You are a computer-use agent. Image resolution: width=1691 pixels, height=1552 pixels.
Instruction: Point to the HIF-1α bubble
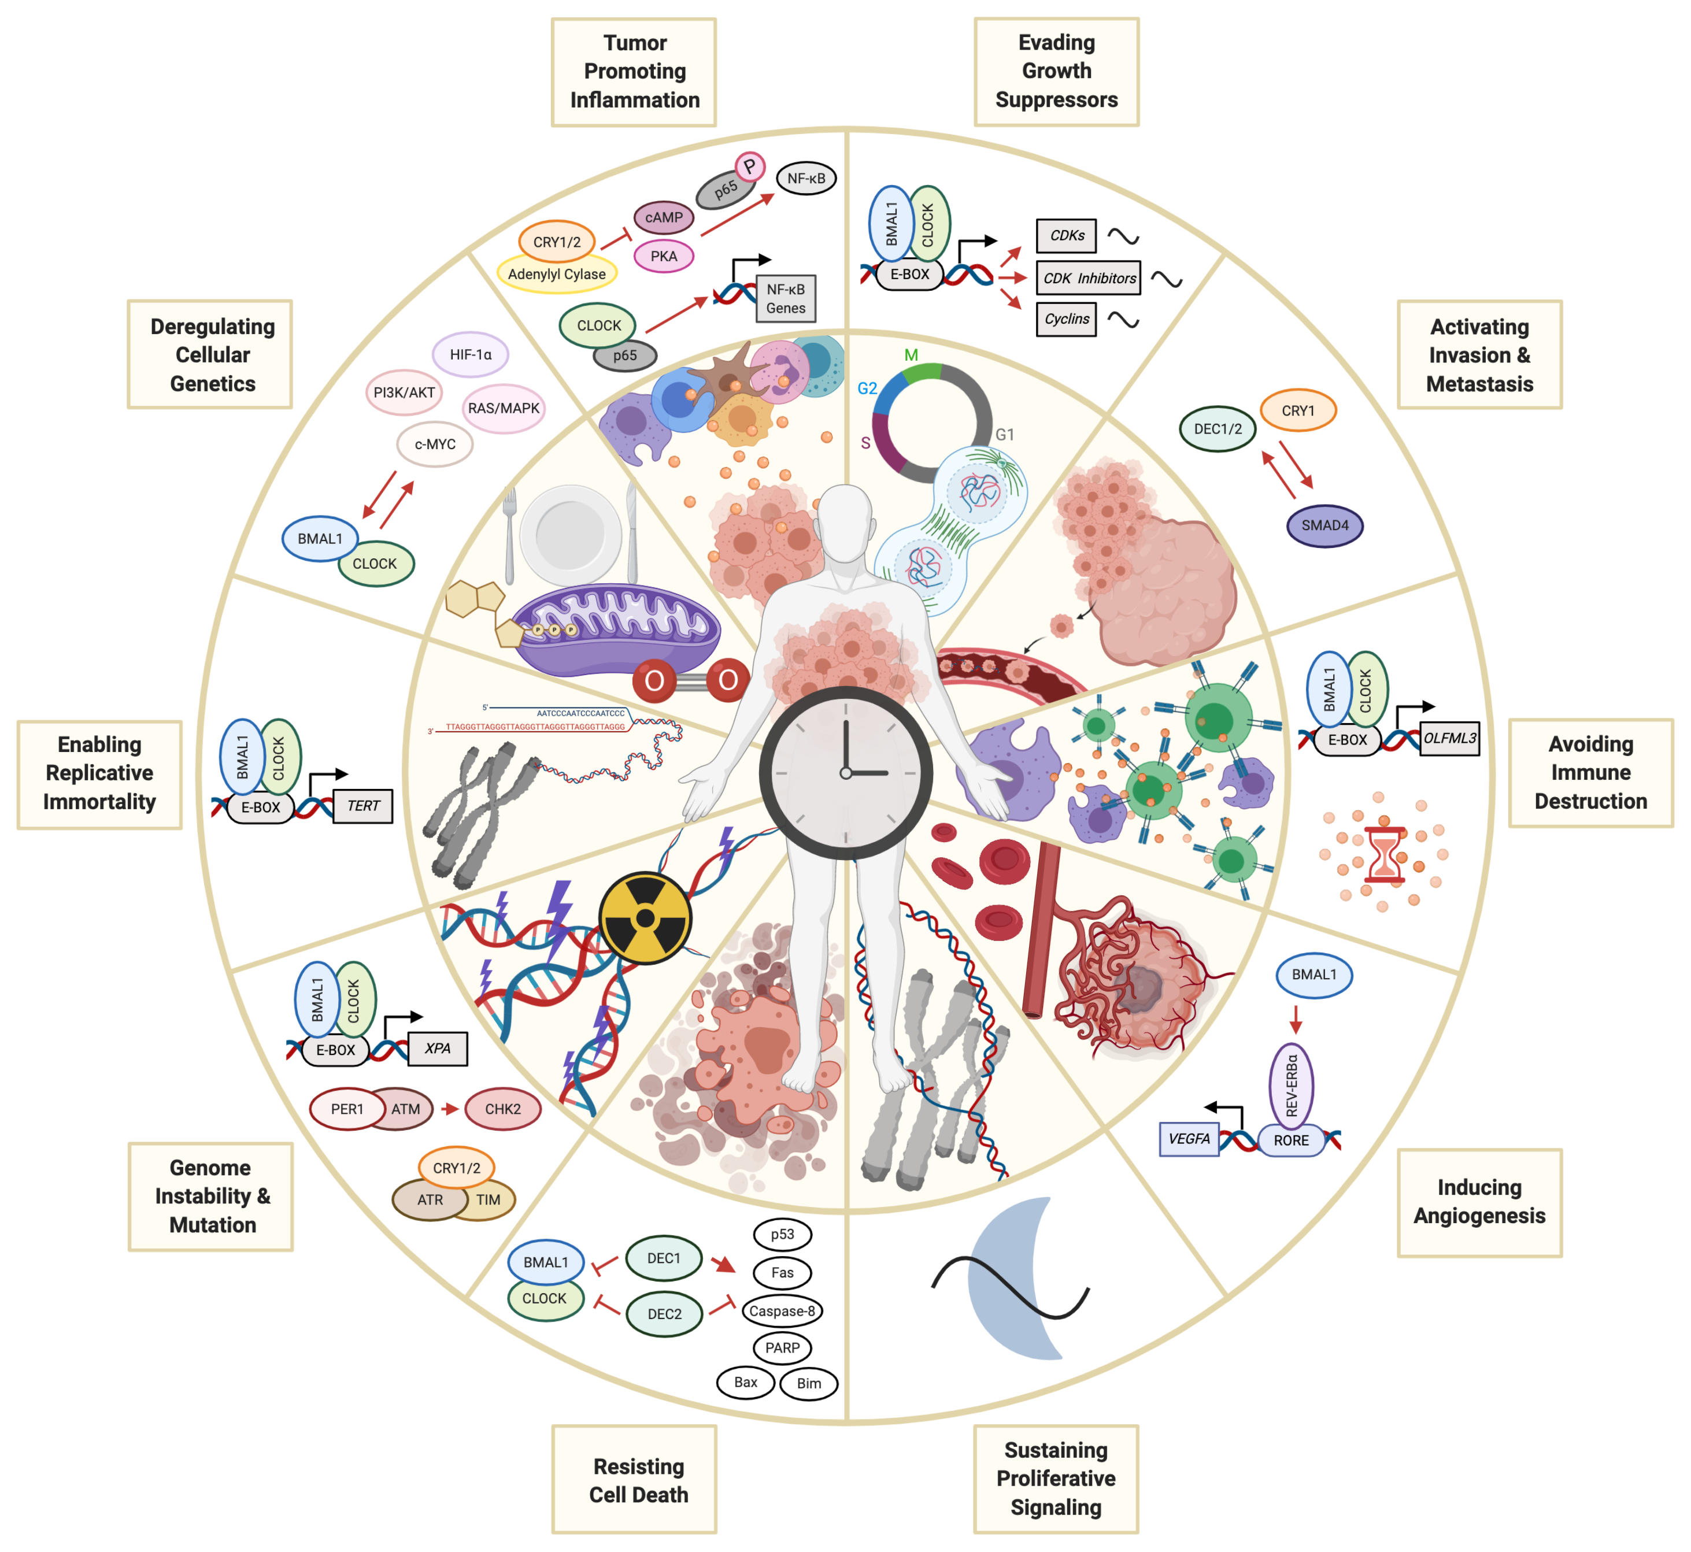click(x=471, y=354)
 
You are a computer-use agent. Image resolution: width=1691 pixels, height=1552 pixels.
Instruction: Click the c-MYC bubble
click(x=435, y=445)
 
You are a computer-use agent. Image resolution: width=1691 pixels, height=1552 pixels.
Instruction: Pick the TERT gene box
click(x=363, y=806)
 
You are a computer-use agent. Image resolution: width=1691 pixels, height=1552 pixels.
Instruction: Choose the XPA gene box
click(x=438, y=1049)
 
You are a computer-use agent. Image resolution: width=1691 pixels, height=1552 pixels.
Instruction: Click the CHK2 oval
click(x=502, y=1109)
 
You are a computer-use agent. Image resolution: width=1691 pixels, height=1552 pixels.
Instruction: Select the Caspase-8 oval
click(x=782, y=1311)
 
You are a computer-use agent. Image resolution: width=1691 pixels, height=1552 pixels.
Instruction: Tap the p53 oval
click(x=782, y=1235)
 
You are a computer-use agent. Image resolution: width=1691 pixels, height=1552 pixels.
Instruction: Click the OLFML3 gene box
click(x=1449, y=739)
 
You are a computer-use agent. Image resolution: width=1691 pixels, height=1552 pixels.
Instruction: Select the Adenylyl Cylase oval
click(x=556, y=275)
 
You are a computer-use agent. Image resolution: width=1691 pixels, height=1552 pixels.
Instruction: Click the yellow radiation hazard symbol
click(x=645, y=918)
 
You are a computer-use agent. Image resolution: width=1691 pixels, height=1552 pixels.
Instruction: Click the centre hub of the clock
click(x=846, y=773)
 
